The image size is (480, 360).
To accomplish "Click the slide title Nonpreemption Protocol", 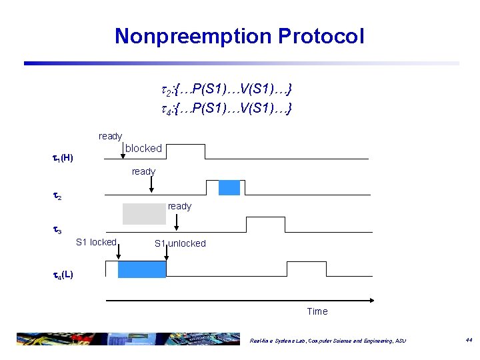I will (239, 36).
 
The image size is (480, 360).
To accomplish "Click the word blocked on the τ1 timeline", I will (143, 148).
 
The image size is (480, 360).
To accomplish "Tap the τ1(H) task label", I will (63, 158).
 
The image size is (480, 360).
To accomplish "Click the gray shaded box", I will (143, 213).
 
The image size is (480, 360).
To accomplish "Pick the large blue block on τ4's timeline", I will (141, 269).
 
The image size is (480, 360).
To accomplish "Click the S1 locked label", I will (96, 242).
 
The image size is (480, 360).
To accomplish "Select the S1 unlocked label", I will (180, 243).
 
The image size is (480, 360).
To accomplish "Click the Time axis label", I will (317, 311).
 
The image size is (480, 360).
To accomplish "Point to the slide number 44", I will (469, 340).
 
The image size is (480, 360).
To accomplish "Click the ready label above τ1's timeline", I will (110, 136).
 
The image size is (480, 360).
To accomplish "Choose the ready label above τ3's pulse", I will (179, 206).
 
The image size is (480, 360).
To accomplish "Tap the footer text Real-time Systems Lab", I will (327, 341).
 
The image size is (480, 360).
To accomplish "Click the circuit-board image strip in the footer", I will (127, 338).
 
